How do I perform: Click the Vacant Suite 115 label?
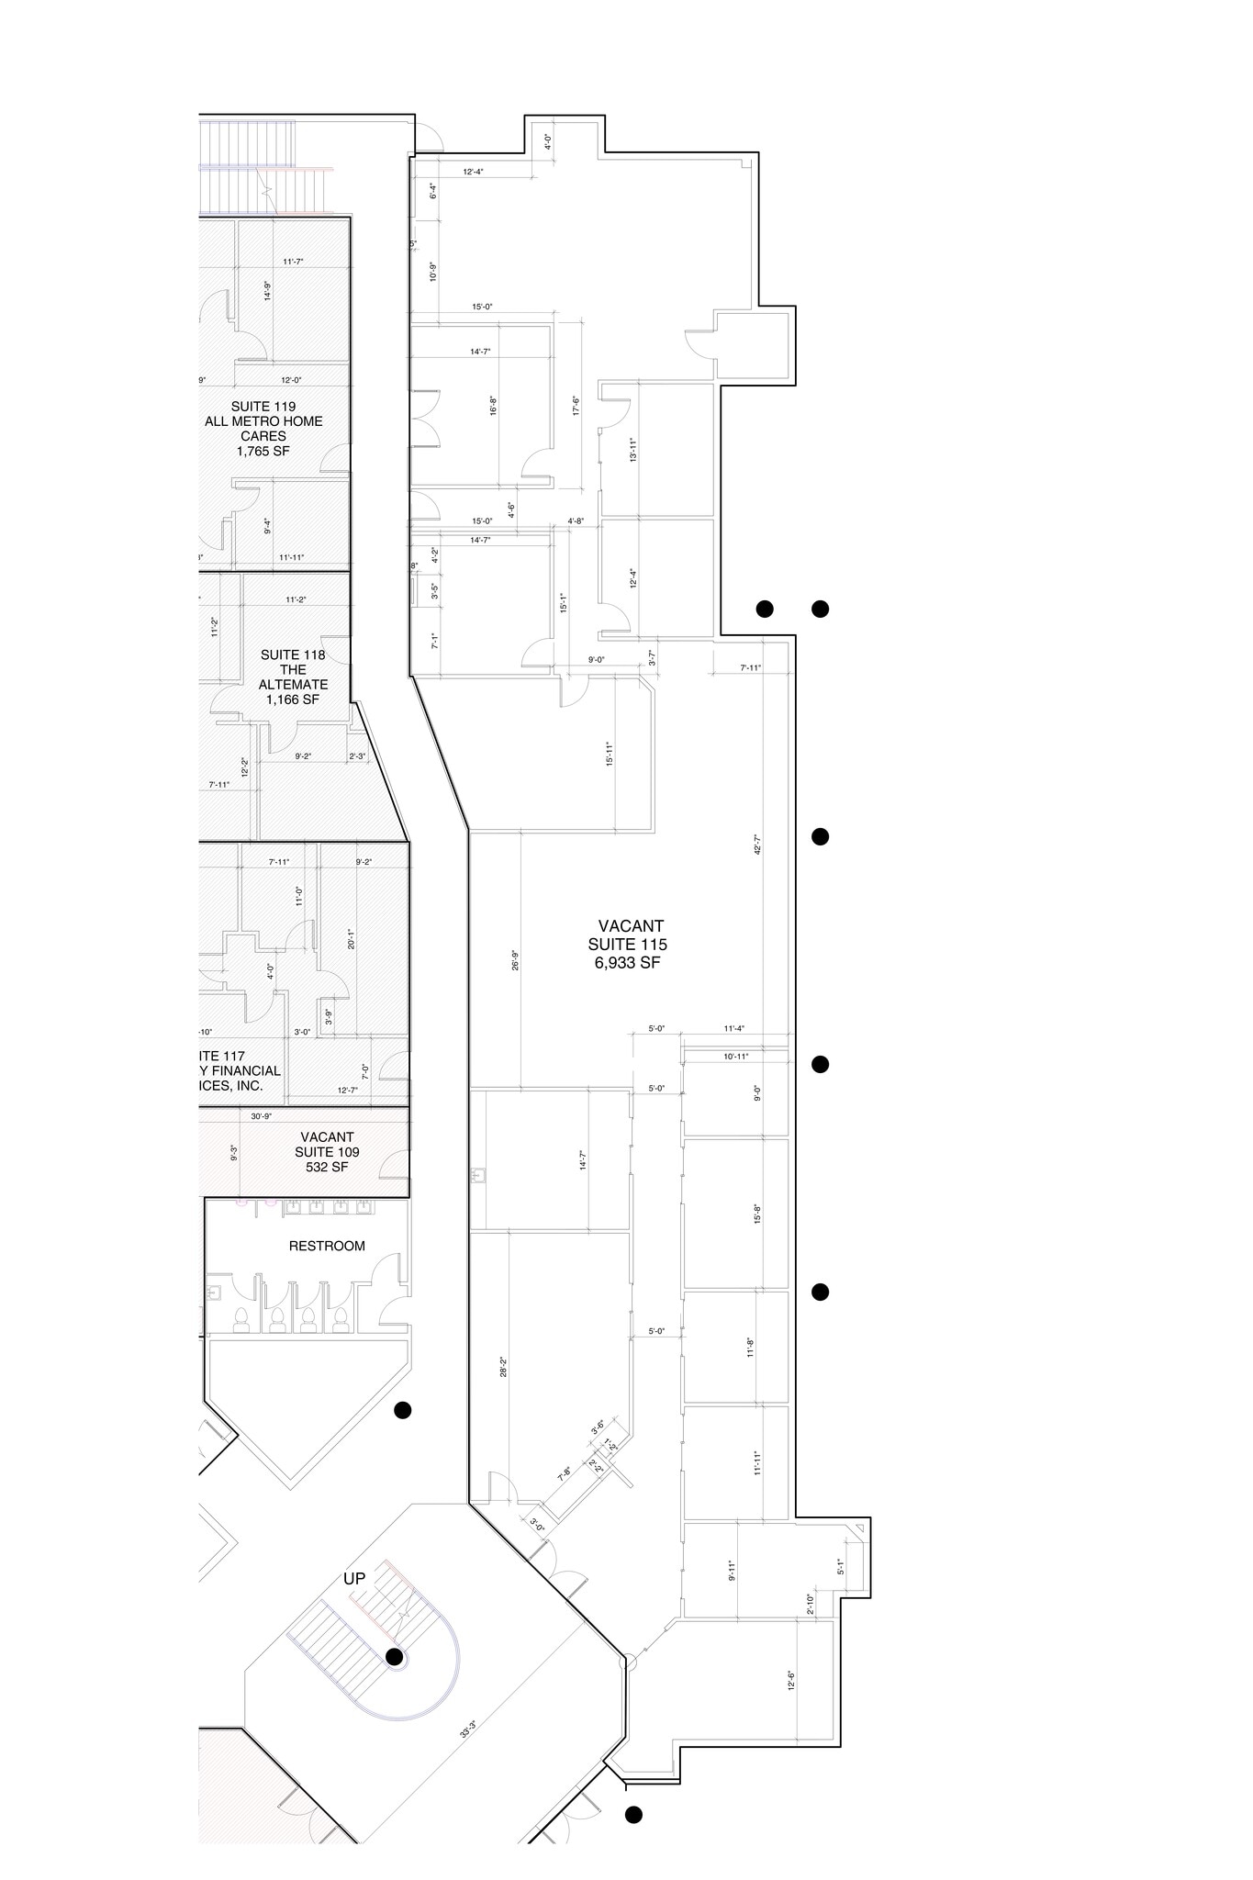[630, 944]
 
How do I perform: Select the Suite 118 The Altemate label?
[293, 677]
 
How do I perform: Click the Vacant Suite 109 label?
[327, 1152]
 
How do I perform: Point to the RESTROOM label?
[327, 1246]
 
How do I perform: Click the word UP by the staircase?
[354, 1579]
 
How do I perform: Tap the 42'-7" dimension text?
[758, 845]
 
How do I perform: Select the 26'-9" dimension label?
[516, 959]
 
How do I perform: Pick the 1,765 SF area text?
[263, 451]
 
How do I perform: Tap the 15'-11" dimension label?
[609, 754]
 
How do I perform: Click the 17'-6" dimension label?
[575, 406]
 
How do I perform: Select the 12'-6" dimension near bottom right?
[791, 1680]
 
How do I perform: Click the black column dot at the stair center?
[395, 1656]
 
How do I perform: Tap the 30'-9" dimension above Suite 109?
[262, 1116]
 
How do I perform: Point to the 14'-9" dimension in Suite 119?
[267, 290]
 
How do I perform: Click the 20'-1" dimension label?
[351, 938]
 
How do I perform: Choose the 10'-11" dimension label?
[736, 1057]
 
